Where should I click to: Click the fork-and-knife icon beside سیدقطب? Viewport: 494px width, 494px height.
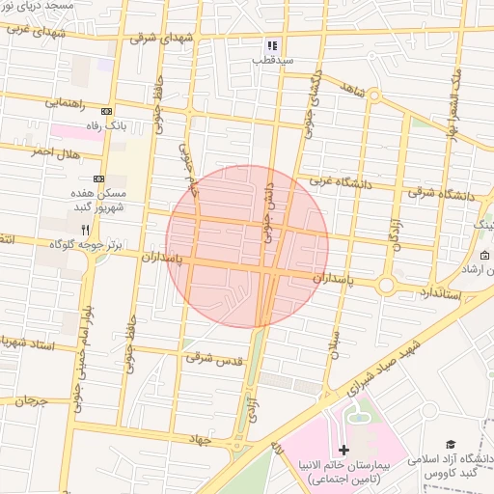(273, 45)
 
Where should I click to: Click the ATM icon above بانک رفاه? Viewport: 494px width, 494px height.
(107, 110)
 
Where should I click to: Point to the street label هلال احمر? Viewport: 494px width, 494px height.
(53, 152)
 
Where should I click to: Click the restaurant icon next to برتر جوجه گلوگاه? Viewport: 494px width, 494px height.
(85, 230)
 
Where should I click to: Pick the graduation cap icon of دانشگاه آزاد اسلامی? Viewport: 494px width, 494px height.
(448, 442)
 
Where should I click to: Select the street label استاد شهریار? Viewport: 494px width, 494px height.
(29, 343)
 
